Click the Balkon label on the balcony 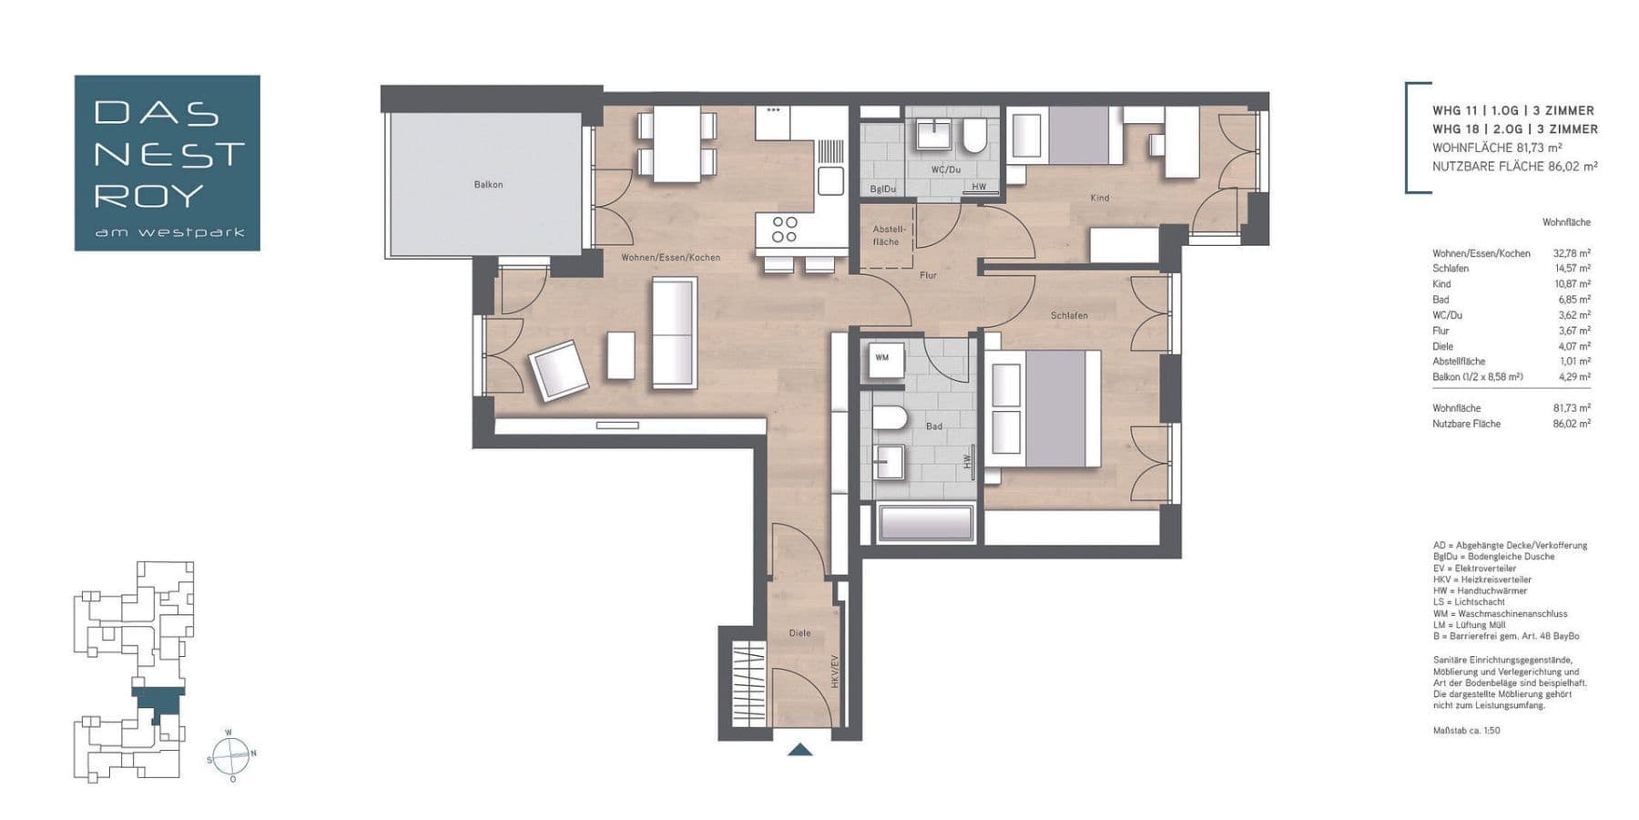tap(488, 185)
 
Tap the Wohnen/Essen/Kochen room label tap(670, 258)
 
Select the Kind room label tap(1100, 198)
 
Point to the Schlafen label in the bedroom tap(1069, 315)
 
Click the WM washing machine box tap(882, 358)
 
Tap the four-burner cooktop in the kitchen tap(784, 230)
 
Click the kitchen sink tap(830, 181)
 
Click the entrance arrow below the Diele tap(799, 749)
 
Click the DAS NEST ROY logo tap(168, 163)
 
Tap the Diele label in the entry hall tap(799, 633)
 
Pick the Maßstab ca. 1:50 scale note tap(1466, 731)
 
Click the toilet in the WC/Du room tap(974, 138)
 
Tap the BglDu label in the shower tap(882, 190)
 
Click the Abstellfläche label tap(886, 235)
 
